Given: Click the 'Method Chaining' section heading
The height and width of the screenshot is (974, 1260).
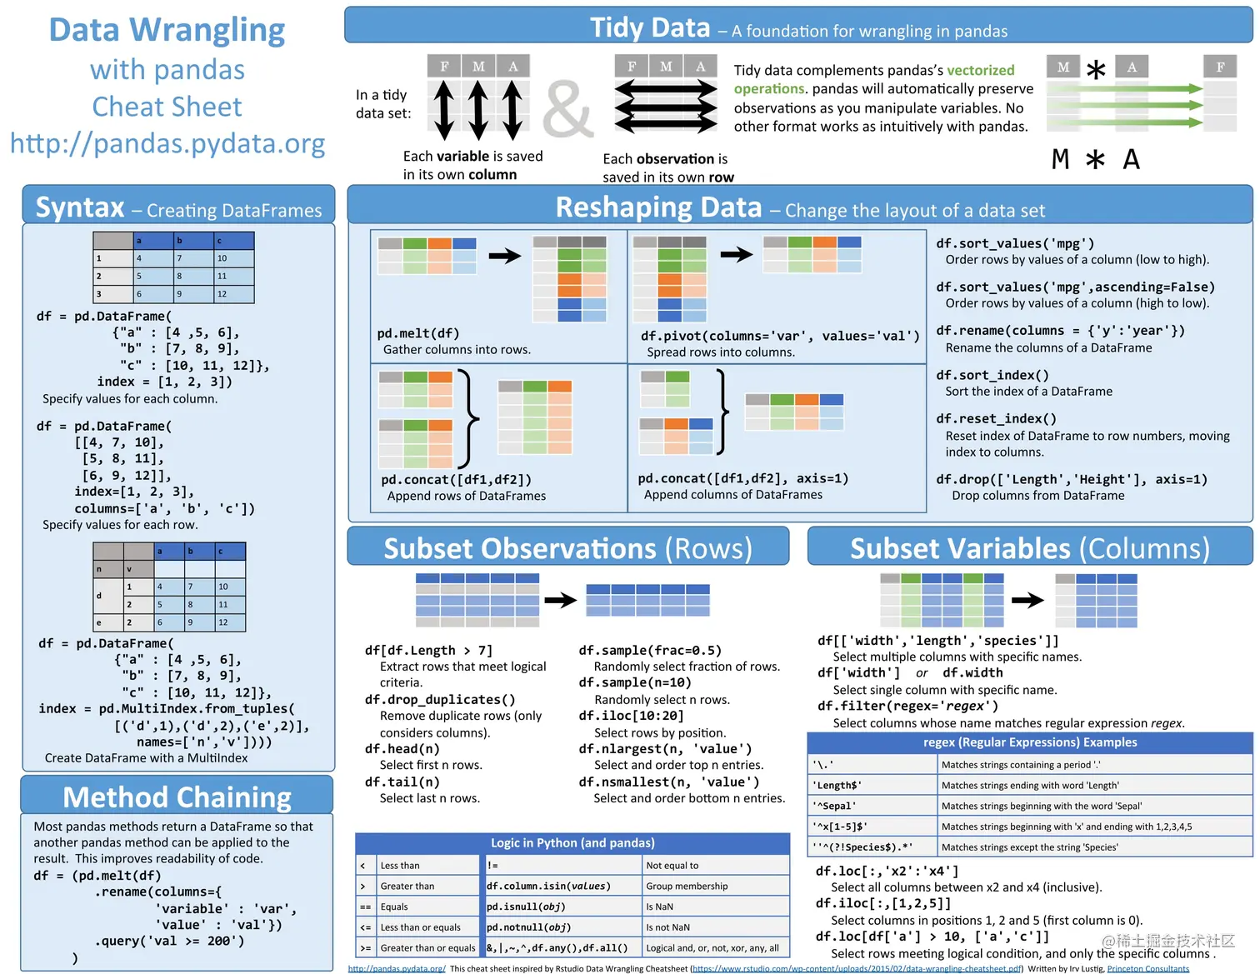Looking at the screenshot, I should click(x=177, y=797).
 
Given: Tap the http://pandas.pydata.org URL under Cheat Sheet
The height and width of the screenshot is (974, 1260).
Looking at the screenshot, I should click(x=167, y=143).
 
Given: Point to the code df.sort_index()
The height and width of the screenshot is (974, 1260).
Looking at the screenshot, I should click(x=992, y=375).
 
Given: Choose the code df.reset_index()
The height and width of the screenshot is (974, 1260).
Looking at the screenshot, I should click(x=996, y=418).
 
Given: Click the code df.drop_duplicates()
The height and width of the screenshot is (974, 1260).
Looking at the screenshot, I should click(x=440, y=699).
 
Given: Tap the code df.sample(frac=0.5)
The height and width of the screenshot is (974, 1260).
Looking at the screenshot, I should click(x=650, y=650).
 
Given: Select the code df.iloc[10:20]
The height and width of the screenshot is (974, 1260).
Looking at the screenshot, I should click(x=631, y=716).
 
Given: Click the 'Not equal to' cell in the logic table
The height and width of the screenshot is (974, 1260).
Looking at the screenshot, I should click(x=672, y=866).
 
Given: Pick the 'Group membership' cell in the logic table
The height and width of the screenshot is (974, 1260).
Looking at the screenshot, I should click(x=687, y=886).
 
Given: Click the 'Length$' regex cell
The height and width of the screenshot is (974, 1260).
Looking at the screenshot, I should click(x=837, y=785).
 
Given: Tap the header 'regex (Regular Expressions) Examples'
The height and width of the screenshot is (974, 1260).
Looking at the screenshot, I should click(x=1029, y=742).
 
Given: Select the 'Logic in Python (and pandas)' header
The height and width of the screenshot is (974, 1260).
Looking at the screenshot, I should click(x=572, y=843).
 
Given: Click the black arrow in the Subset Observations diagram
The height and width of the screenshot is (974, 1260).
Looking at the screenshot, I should click(x=561, y=600).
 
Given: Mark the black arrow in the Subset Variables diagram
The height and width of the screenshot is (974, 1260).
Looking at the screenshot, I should click(x=1027, y=600).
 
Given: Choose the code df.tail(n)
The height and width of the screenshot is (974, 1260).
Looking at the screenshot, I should click(x=402, y=782).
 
